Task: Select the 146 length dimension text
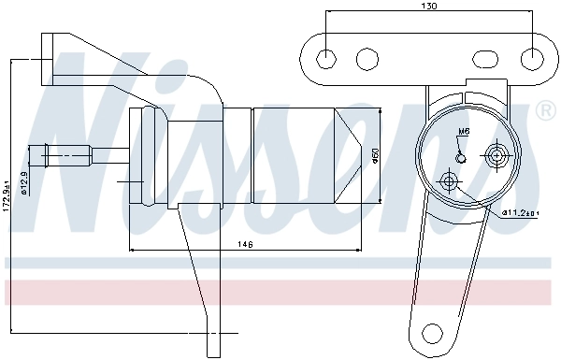[x=246, y=245]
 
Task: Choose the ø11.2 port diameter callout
[x=519, y=212]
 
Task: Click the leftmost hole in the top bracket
[x=325, y=59]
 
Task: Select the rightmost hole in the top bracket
[x=534, y=59]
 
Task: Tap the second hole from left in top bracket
[x=366, y=59]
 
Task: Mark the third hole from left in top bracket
[x=494, y=59]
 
